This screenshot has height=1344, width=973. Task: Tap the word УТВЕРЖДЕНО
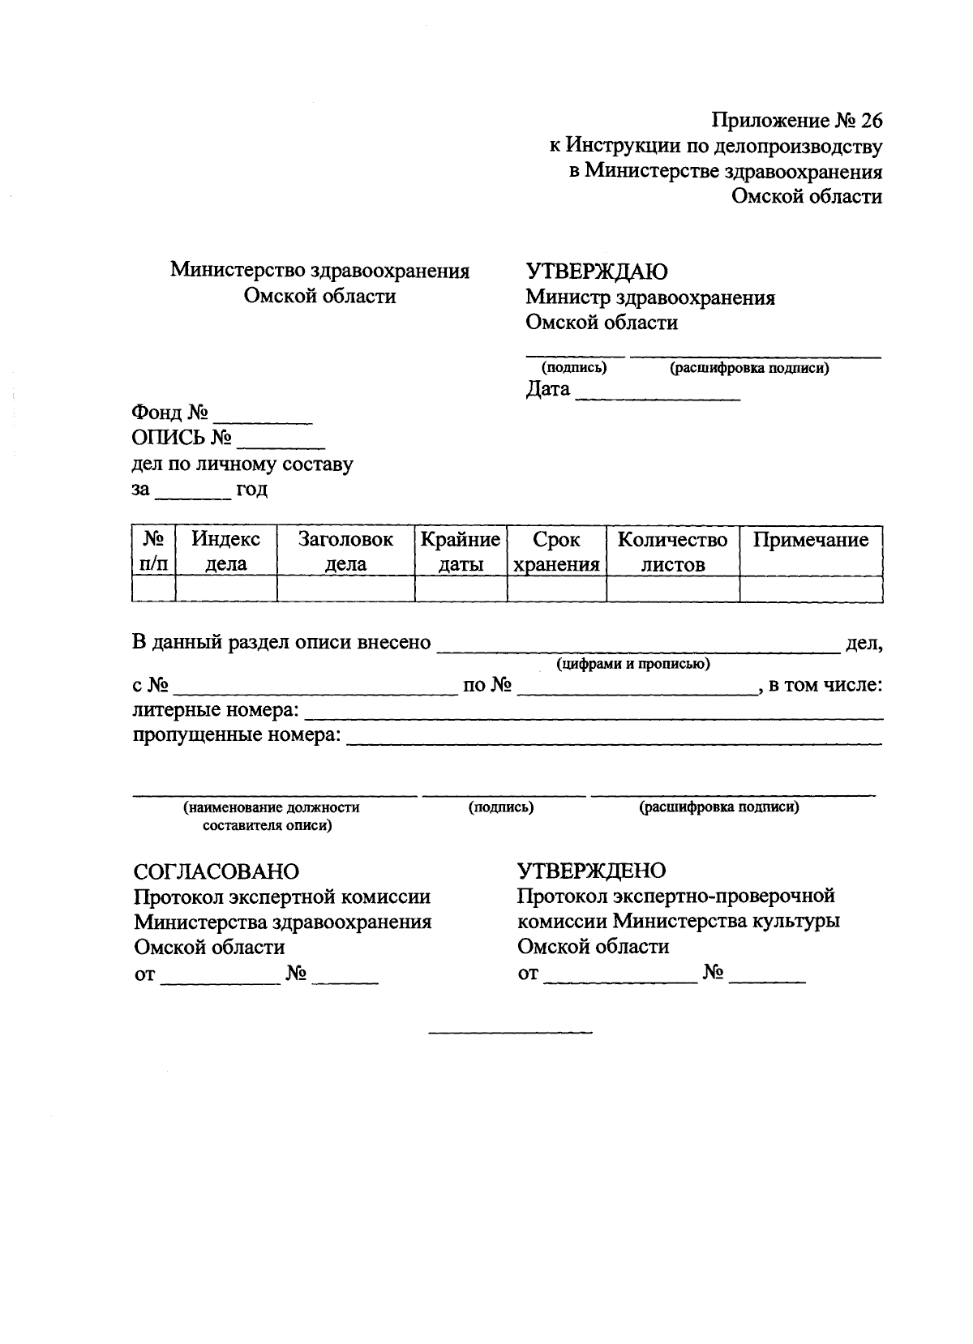tap(591, 871)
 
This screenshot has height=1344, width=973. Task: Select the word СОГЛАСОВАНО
tap(216, 871)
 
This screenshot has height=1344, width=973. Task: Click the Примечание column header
tap(810, 540)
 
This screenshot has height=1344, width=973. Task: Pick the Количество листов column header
tap(672, 551)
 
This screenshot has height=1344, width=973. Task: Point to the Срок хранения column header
tap(556, 551)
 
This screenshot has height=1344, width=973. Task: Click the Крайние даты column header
tap(461, 551)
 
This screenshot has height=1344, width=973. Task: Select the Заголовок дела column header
tap(345, 551)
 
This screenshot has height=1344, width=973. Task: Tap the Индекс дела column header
tap(225, 551)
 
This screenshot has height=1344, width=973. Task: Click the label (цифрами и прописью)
tap(633, 664)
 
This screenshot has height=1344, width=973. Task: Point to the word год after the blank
tap(251, 490)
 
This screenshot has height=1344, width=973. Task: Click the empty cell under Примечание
tap(810, 589)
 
